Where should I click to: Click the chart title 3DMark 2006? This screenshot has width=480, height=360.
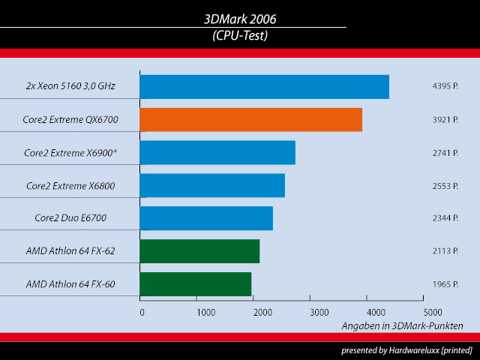point(239,19)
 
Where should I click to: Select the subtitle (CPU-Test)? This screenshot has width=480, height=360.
point(239,34)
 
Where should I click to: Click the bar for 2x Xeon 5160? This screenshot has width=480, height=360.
point(264,87)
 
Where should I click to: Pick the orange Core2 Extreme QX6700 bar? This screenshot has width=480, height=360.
point(250,120)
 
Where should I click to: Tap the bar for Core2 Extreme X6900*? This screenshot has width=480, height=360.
point(217,153)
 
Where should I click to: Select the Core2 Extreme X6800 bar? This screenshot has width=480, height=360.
point(212,185)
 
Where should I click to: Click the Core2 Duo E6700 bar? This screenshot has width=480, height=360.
point(206,218)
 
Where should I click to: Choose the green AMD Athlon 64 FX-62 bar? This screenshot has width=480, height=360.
point(199,251)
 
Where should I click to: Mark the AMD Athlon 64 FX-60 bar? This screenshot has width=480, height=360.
point(195,284)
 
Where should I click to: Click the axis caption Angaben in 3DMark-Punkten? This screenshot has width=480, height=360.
point(402,325)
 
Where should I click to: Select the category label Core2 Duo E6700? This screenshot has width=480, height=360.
point(70,218)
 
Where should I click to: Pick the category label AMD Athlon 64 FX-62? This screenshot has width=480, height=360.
point(70,251)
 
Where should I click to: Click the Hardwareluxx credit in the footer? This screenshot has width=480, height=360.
point(406,350)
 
